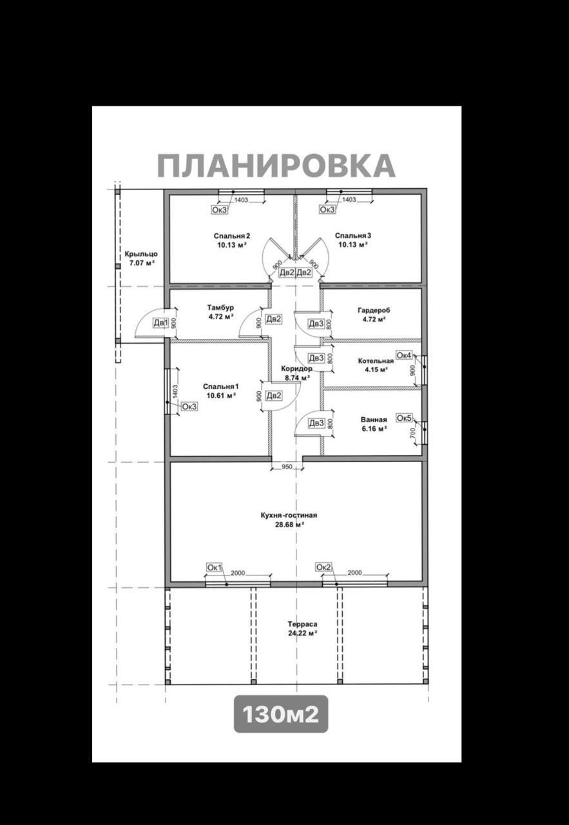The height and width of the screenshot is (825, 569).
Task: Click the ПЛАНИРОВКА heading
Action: pyautogui.click(x=276, y=166)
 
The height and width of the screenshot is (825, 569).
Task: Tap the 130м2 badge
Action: pyautogui.click(x=281, y=714)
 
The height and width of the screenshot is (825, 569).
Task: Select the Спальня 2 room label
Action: pyautogui.click(x=232, y=236)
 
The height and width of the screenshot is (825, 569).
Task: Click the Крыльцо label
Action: pyautogui.click(x=141, y=254)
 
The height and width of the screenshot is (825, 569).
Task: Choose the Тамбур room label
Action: pyautogui.click(x=220, y=307)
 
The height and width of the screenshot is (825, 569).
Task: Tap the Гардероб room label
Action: pyautogui.click(x=374, y=310)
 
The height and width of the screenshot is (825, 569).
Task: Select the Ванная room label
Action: pyautogui.click(x=374, y=420)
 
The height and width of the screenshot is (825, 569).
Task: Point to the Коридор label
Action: pyautogui.click(x=296, y=369)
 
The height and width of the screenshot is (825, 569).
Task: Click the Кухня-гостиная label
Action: pyautogui.click(x=289, y=515)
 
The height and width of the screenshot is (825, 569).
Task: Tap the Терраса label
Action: pyautogui.click(x=302, y=624)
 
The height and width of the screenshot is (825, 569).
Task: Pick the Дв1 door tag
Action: pyautogui.click(x=160, y=323)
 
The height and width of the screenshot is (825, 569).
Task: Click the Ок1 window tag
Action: pyautogui.click(x=214, y=567)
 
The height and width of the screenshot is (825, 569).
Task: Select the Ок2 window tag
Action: pyautogui.click(x=323, y=567)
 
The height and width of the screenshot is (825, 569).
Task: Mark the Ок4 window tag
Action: pyautogui.click(x=404, y=356)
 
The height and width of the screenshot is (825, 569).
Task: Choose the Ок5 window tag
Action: pyautogui.click(x=404, y=418)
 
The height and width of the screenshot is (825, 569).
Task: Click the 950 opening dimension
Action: pyautogui.click(x=287, y=467)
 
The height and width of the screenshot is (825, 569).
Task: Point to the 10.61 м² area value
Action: pyautogui.click(x=220, y=396)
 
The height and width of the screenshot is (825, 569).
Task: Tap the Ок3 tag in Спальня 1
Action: pyautogui.click(x=189, y=407)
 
